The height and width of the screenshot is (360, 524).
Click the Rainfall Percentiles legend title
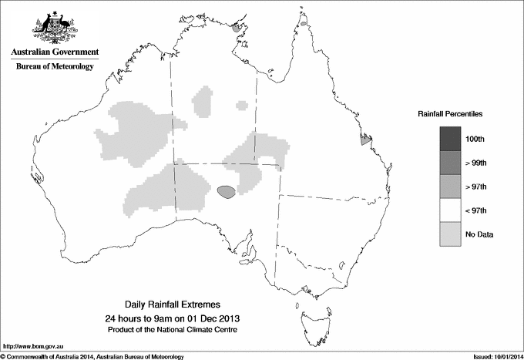[x=450, y=113]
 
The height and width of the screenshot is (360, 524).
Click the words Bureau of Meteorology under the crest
[x=55, y=67]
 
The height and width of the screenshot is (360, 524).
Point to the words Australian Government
[x=55, y=52]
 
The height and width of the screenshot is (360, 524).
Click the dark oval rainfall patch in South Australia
[x=227, y=191]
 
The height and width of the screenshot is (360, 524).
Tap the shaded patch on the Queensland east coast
[x=366, y=140]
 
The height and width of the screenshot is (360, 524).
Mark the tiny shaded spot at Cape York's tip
[x=304, y=23]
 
